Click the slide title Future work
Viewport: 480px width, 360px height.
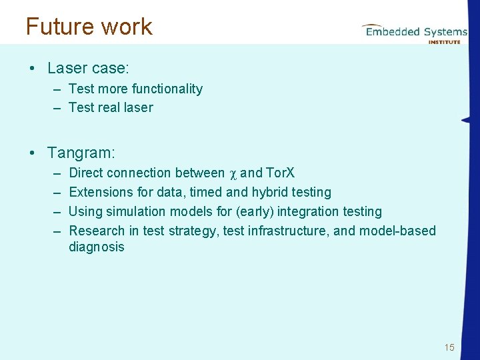coord(89,27)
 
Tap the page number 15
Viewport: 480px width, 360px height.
coord(449,347)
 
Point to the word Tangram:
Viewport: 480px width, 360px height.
coord(81,153)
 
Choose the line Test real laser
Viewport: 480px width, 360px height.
coord(111,107)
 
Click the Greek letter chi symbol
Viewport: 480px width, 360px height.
coord(233,173)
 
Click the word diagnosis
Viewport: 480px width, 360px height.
coord(97,247)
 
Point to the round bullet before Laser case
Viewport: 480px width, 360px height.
coord(32,69)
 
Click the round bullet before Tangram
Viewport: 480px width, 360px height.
coord(32,153)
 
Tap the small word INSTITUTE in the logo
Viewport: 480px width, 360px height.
coord(444,42)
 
